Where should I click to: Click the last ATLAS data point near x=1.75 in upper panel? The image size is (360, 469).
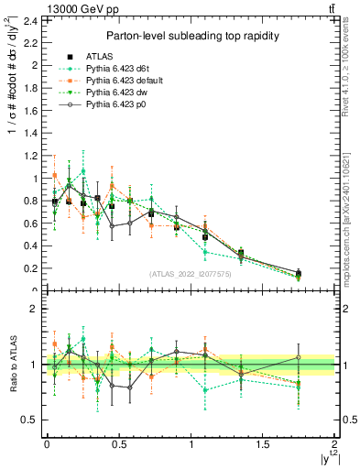[299, 273]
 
